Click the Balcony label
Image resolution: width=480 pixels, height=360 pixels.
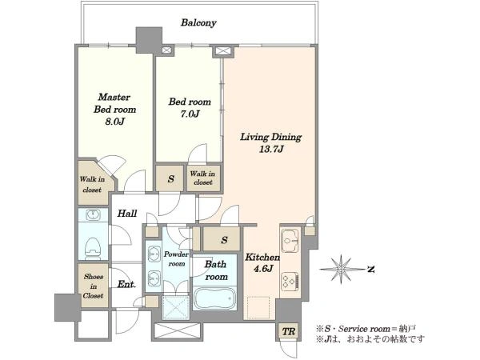198,22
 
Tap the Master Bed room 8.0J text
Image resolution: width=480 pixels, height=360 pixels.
114,110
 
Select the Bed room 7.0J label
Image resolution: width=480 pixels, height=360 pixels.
190,107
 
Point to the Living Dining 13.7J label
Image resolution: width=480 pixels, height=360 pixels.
271,142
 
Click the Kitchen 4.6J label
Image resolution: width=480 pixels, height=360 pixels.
262,263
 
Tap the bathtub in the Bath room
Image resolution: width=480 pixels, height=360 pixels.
214,298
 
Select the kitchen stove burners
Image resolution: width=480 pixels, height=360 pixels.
290,281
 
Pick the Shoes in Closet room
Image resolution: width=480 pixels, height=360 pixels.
93,286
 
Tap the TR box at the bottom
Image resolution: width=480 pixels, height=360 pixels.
288,331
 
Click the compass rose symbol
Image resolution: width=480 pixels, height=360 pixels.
341,269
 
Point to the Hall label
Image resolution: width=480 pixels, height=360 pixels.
127,214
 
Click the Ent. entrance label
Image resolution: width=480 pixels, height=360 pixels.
126,284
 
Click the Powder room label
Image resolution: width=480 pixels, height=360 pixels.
176,259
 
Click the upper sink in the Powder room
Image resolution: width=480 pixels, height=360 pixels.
154,254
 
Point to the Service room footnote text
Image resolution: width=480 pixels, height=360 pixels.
366,329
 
